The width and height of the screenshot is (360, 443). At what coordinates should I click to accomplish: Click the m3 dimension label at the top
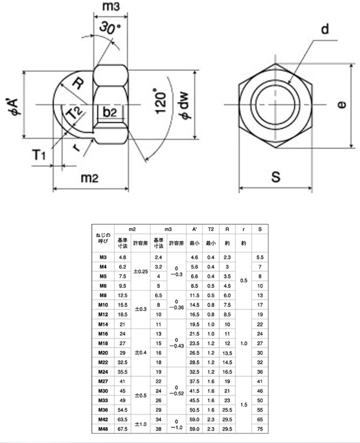click(111, 6)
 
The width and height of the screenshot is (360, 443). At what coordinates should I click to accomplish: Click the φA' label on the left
click(13, 107)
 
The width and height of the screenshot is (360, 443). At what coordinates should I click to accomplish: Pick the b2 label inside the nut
click(110, 112)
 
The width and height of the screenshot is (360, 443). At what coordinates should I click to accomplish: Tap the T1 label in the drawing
click(39, 155)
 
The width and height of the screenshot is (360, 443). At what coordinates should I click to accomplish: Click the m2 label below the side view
click(90, 178)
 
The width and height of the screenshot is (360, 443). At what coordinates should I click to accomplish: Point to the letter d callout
click(325, 29)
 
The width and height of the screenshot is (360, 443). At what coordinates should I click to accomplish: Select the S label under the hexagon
click(276, 177)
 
